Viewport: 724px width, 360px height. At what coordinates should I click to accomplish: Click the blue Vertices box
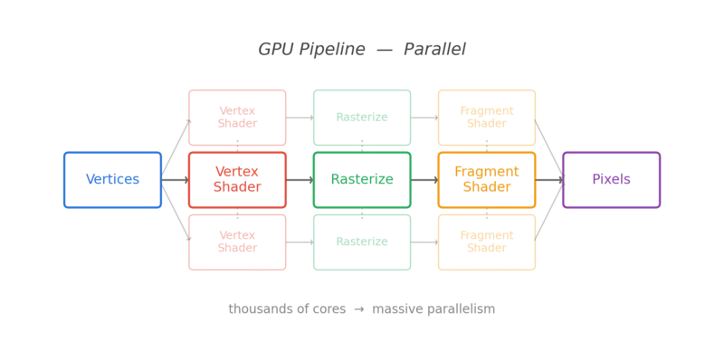point(112,180)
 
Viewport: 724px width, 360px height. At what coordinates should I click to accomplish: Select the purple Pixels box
point(613,180)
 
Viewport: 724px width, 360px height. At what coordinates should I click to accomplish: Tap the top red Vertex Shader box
point(237,117)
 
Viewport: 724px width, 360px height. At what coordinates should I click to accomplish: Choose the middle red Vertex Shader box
point(237,180)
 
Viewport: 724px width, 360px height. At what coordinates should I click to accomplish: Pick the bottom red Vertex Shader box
point(237,242)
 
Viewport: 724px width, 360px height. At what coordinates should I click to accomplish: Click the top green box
point(362,117)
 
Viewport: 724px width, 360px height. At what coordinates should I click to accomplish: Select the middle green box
point(362,180)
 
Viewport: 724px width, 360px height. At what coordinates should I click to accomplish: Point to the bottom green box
point(362,242)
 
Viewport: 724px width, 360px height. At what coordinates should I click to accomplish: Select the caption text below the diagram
point(362,310)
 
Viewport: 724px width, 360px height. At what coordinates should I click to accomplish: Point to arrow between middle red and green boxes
point(300,180)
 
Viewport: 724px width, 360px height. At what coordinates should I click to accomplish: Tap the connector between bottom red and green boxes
point(300,242)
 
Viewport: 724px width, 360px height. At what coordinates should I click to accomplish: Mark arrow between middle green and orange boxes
point(424,180)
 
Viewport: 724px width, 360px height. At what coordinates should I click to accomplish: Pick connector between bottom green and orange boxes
point(424,242)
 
